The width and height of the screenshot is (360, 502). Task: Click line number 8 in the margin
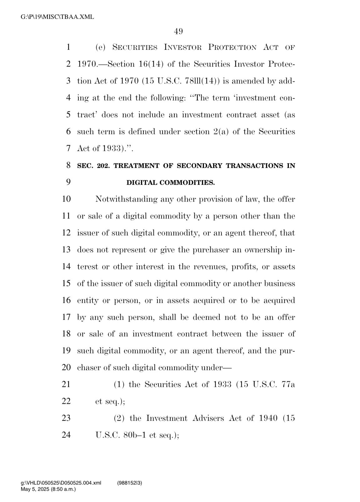pyautogui.click(x=68, y=165)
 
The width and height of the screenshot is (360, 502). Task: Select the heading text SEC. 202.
pyautogui.click(x=93, y=166)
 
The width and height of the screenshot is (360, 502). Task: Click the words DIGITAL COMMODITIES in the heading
pyautogui.click(x=170, y=183)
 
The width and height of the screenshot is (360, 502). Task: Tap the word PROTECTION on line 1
pyautogui.click(x=232, y=48)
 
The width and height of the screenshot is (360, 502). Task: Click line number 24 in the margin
pyautogui.click(x=66, y=435)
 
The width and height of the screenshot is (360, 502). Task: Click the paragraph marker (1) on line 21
pyautogui.click(x=119, y=384)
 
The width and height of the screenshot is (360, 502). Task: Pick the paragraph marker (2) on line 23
pyautogui.click(x=120, y=418)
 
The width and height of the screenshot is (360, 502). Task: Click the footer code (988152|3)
pyautogui.click(x=130, y=483)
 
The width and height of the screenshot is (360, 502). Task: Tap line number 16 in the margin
pyautogui.click(x=66, y=300)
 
